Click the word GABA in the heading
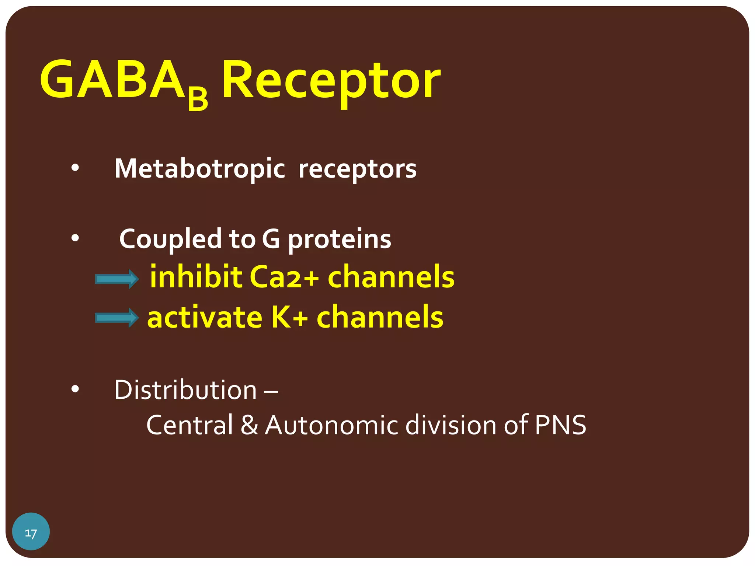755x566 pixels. [112, 79]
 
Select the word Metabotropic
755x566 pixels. [199, 168]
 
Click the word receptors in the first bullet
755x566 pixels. [357, 169]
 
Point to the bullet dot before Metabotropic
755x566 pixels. [75, 168]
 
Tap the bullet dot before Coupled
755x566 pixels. [75, 238]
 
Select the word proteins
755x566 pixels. [339, 240]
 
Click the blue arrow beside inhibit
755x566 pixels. [117, 279]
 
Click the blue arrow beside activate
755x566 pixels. [117, 318]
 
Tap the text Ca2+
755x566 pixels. [284, 277]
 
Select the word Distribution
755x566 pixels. [185, 389]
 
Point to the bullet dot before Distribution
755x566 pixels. [75, 389]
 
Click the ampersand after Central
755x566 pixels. [249, 425]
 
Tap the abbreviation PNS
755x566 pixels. [560, 425]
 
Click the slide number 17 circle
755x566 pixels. [31, 531]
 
